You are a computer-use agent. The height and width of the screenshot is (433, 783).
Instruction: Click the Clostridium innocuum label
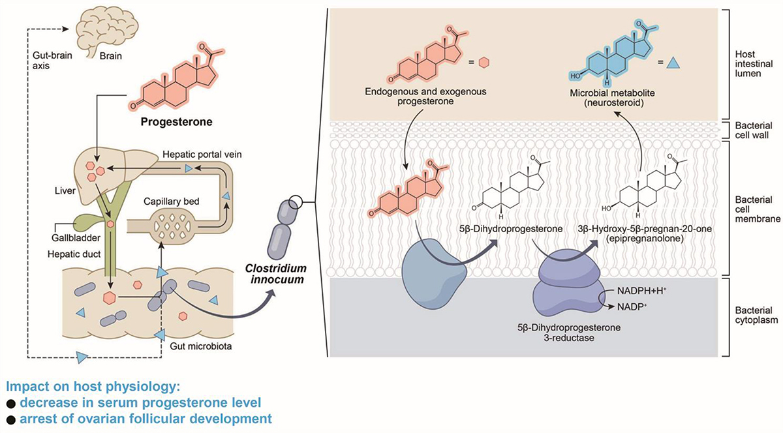(271, 275)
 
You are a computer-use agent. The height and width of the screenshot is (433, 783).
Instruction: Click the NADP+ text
(628, 306)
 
